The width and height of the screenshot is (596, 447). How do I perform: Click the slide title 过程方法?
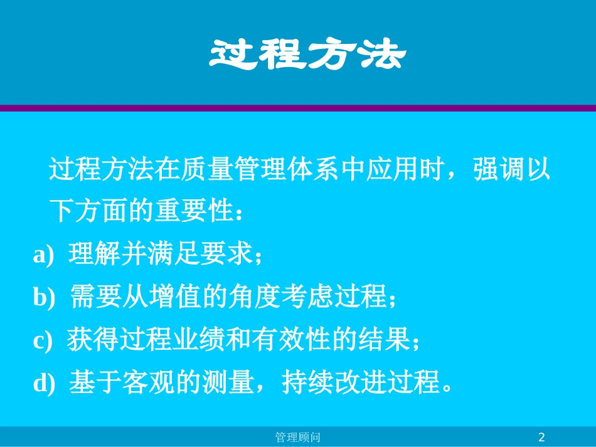tap(307, 55)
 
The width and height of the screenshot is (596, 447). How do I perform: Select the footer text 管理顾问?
tap(299, 437)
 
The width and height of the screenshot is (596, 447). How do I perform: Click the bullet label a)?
tap(43, 256)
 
